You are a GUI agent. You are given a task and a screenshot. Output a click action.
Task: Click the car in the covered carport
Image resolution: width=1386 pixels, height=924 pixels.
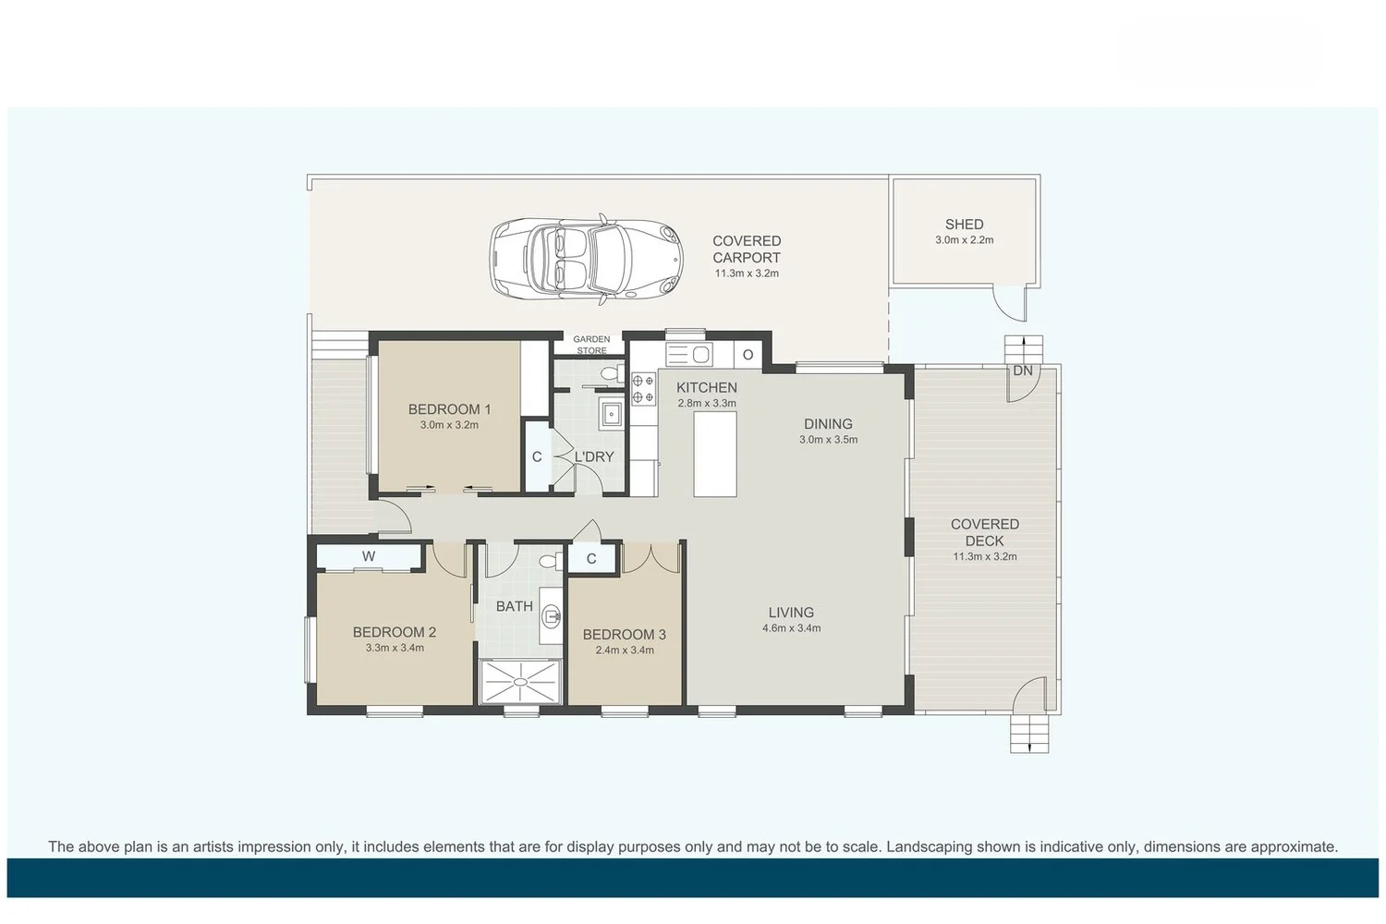coord(586,258)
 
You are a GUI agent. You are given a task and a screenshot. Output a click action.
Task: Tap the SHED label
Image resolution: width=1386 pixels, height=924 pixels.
coord(964,225)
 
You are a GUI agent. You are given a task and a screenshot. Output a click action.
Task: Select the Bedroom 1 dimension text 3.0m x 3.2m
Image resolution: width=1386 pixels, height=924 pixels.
coord(449,425)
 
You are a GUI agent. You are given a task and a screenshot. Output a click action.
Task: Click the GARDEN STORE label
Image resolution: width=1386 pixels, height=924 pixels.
coord(591,345)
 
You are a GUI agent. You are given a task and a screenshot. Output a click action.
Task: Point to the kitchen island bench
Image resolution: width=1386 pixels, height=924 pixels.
coord(715,454)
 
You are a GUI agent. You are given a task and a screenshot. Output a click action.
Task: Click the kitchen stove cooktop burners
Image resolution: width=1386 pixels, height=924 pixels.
coord(643,388)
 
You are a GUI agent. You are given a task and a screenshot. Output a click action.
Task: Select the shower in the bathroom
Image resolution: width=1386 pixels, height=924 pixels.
coord(520,682)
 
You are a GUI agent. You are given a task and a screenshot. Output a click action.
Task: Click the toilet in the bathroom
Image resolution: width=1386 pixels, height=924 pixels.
coord(548,561)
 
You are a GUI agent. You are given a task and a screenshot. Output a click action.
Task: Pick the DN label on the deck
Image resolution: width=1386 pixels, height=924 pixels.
coord(1022,371)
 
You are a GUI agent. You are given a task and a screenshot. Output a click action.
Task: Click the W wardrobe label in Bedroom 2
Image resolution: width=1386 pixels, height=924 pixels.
coord(369,556)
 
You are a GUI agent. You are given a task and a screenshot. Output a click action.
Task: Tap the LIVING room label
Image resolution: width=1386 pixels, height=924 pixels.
coord(791,613)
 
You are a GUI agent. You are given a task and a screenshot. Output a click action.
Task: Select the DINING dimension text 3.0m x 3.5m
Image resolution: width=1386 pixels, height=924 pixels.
coord(828,440)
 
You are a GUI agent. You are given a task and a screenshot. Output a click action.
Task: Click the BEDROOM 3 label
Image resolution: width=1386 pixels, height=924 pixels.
coord(624,635)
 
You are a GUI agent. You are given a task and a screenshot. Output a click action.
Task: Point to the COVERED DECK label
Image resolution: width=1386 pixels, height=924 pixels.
coord(984,532)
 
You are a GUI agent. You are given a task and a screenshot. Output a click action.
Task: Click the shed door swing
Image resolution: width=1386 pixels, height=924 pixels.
coord(1009,303)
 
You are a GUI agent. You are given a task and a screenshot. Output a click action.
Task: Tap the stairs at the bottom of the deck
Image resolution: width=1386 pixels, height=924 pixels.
coord(1029,734)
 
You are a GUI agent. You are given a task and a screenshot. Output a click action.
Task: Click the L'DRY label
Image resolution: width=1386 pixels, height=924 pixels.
coord(594,456)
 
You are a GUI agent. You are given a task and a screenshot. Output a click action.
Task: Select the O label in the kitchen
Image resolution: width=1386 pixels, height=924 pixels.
coord(748,355)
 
